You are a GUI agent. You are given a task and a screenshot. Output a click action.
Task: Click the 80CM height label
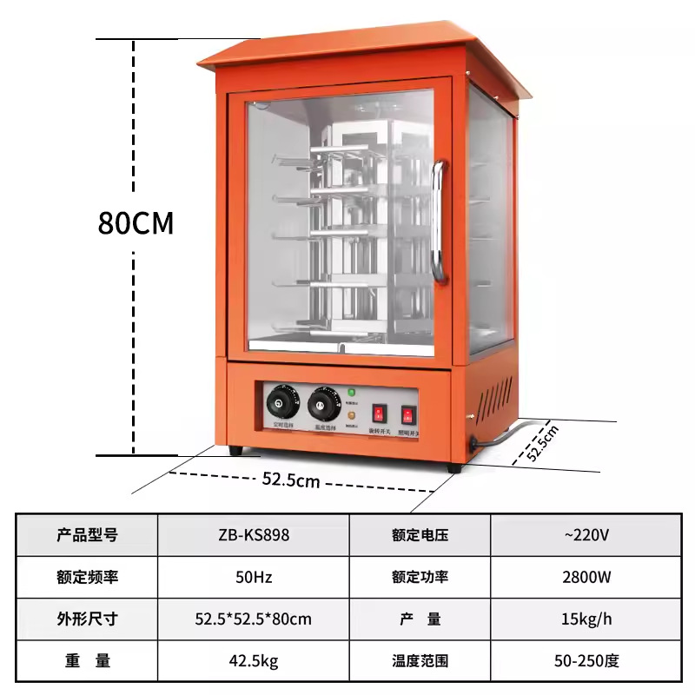click(x=136, y=223)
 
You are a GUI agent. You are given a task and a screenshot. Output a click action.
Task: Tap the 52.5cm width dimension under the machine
click(x=290, y=480)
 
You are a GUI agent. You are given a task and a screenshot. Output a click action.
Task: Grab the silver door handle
click(x=440, y=222)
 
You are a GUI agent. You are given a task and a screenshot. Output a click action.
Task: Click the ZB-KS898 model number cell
click(x=254, y=535)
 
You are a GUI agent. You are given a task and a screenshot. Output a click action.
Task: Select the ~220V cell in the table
click(x=586, y=535)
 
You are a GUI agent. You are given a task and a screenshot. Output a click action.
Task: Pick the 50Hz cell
click(x=254, y=577)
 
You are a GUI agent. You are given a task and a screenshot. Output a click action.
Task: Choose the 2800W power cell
click(x=586, y=577)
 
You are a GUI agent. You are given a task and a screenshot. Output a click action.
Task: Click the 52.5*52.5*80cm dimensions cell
click(x=254, y=619)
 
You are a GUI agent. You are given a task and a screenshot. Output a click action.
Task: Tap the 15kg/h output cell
click(x=586, y=619)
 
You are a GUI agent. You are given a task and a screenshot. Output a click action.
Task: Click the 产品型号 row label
click(x=87, y=535)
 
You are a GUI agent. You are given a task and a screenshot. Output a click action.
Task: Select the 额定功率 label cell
click(x=420, y=577)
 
